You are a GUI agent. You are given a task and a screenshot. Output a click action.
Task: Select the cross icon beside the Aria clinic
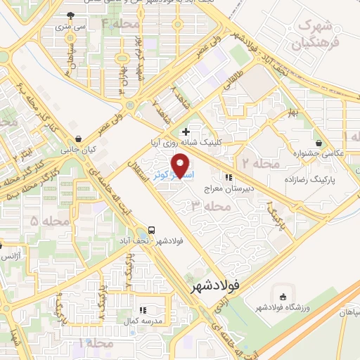click(x=186, y=131)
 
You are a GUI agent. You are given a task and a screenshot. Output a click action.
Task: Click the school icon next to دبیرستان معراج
click(x=229, y=178)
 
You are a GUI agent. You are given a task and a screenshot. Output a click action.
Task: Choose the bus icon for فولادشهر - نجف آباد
click(x=152, y=231)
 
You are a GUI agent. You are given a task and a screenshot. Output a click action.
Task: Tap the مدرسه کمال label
click(x=143, y=321)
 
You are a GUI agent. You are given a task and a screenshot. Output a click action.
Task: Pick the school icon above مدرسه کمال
click(x=143, y=309)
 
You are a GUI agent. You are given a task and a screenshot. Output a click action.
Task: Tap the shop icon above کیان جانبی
click(x=77, y=138)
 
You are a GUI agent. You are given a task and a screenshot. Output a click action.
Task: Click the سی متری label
click(x=71, y=27)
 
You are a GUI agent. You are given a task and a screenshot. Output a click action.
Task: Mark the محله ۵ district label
click(x=25, y=221)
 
